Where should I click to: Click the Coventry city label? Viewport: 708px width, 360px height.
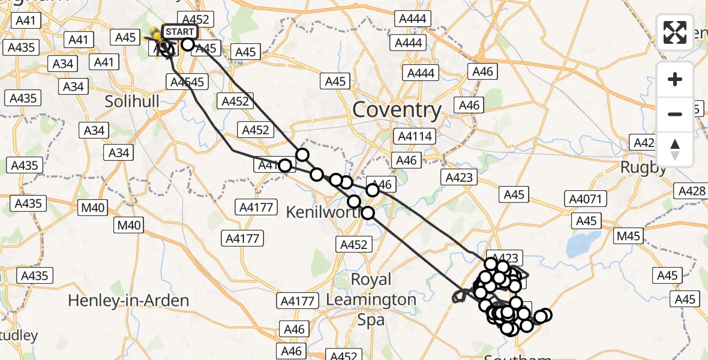397,110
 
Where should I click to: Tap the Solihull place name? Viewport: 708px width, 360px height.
132,101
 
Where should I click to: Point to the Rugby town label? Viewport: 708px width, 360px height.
643,167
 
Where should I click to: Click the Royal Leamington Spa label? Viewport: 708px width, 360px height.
371,299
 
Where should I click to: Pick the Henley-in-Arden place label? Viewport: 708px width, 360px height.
128,300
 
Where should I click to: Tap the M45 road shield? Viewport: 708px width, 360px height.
628,236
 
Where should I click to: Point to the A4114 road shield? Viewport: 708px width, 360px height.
415,137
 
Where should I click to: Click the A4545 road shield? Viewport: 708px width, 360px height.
188,82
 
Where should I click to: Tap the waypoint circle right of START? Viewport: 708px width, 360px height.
188,44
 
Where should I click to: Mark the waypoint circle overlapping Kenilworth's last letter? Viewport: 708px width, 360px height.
368,212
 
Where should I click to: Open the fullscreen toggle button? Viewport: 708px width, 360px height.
675,32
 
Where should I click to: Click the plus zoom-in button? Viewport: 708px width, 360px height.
675,79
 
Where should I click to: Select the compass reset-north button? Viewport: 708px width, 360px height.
675,149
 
